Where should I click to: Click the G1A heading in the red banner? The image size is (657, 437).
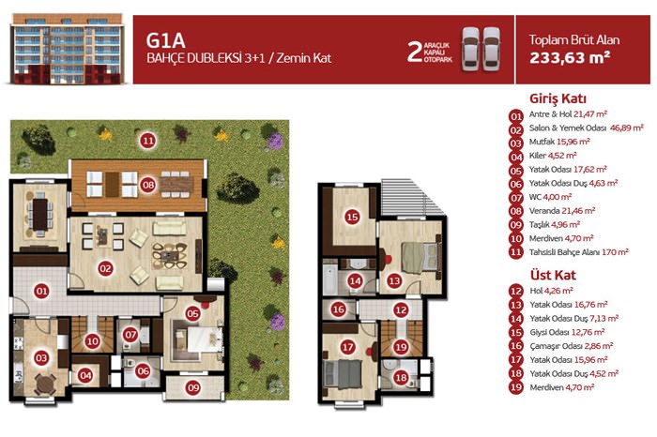(x=165, y=40)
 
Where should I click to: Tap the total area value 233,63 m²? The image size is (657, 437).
(x=570, y=58)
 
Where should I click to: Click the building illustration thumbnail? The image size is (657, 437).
(x=68, y=49)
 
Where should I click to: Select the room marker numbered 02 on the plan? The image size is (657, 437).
(x=105, y=269)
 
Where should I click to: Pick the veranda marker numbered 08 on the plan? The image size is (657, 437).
(x=148, y=185)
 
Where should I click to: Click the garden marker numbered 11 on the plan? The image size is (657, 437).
(x=148, y=141)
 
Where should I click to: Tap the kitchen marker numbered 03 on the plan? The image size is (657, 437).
(x=41, y=358)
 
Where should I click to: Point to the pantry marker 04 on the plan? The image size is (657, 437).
(x=85, y=375)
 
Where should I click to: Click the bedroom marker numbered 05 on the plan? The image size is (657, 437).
(x=192, y=313)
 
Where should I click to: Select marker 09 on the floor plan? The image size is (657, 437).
(x=193, y=387)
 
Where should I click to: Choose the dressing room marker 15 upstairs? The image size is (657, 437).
(x=352, y=217)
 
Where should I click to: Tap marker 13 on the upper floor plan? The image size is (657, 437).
(x=394, y=281)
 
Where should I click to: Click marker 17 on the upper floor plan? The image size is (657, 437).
(x=348, y=347)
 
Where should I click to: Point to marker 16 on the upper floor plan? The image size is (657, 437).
(x=338, y=309)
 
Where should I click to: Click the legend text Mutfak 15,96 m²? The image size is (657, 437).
(x=559, y=142)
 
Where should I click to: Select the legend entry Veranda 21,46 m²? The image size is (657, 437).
(x=562, y=211)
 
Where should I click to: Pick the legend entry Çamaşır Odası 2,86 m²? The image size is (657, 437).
(x=571, y=346)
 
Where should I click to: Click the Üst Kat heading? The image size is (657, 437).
(x=553, y=276)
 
